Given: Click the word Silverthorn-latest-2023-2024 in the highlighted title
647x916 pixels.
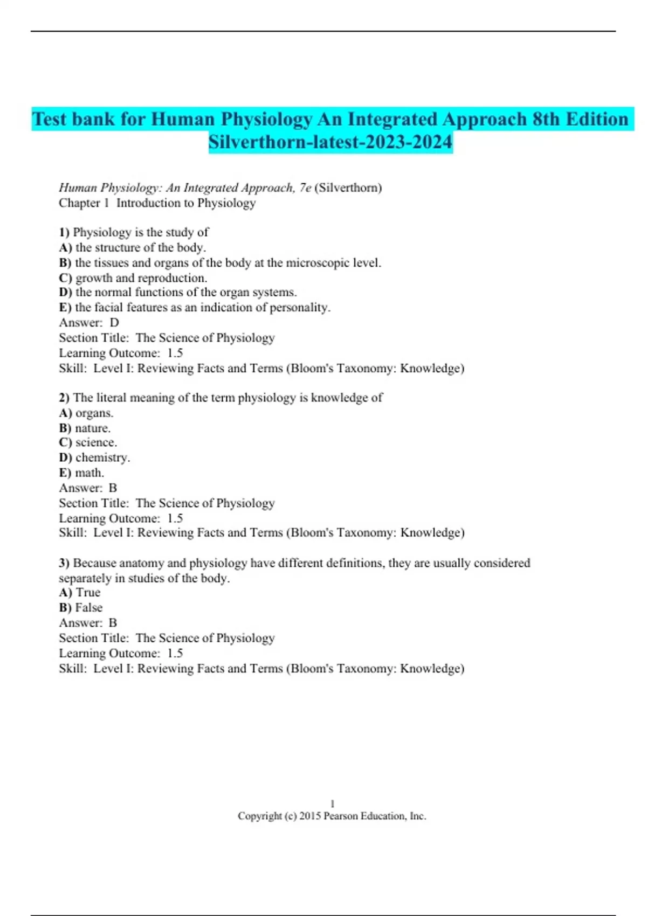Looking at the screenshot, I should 330,142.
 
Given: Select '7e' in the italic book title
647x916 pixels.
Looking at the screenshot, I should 305,188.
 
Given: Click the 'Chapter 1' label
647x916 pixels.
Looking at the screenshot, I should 84,203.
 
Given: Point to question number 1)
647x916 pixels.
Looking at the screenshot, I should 64,232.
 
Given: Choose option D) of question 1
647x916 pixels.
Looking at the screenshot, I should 65,292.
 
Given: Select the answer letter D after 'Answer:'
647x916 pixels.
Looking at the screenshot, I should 114,323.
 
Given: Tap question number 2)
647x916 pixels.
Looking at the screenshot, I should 64,398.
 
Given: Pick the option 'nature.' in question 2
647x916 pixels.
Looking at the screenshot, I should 93,428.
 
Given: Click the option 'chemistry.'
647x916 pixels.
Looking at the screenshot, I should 102,457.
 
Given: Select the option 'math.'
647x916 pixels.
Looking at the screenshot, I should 90,473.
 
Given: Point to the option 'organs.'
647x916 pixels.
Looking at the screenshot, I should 94,413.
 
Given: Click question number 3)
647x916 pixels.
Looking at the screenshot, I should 64,563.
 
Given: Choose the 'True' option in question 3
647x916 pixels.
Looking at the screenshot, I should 88,593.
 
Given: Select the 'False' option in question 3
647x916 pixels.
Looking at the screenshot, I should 89,608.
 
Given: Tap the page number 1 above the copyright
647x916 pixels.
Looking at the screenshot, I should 332,803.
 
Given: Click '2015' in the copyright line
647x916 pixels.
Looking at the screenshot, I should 310,816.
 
